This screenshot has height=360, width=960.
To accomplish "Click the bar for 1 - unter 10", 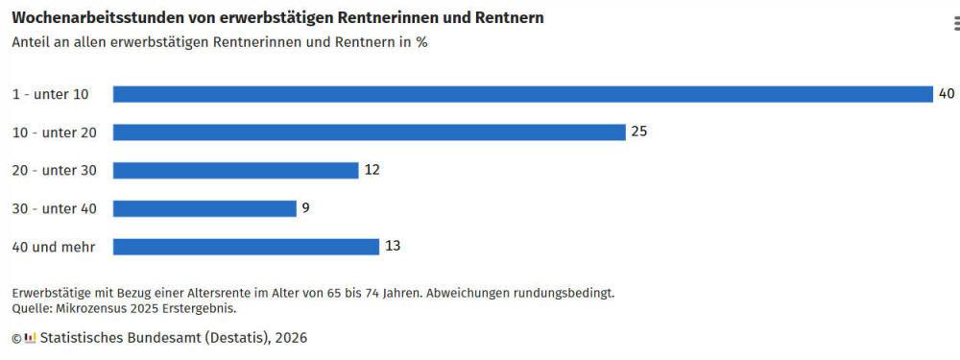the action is pyautogui.click(x=523, y=94).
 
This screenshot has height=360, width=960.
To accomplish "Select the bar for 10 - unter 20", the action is pyautogui.click(x=370, y=132).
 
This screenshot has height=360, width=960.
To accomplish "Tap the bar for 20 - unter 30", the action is pyautogui.click(x=236, y=170).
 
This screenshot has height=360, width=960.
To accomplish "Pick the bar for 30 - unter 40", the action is pyautogui.click(x=204, y=208).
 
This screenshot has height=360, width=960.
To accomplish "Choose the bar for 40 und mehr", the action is pyautogui.click(x=246, y=247).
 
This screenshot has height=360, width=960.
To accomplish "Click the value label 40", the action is pyautogui.click(x=947, y=94).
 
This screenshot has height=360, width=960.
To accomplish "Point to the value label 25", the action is pyautogui.click(x=639, y=132).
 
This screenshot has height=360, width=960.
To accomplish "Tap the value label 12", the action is pyautogui.click(x=372, y=170).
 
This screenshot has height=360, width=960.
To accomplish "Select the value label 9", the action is pyautogui.click(x=305, y=208).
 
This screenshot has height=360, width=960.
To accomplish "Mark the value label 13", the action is pyautogui.click(x=393, y=246).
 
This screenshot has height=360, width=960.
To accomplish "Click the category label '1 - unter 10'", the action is pyautogui.click(x=50, y=94).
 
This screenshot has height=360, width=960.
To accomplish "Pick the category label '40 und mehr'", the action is pyautogui.click(x=54, y=248).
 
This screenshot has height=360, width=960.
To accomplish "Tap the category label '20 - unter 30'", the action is pyautogui.click(x=55, y=171).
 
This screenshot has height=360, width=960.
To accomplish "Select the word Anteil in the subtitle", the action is pyautogui.click(x=31, y=43).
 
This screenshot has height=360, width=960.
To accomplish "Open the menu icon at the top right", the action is pyautogui.click(x=956, y=23).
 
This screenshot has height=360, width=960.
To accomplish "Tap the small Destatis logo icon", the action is pyautogui.click(x=31, y=337).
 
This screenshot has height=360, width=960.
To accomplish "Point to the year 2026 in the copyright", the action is pyautogui.click(x=291, y=338).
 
